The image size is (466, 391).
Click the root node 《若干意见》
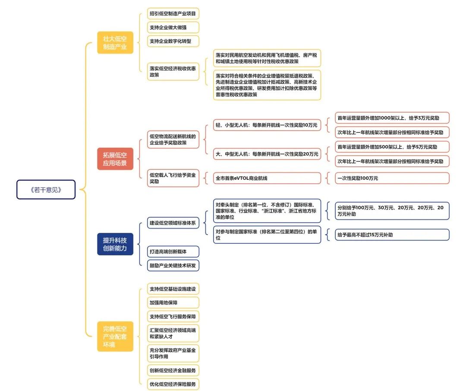click(46, 189)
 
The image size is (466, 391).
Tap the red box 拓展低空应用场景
click(115, 159)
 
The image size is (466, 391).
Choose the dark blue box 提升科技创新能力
click(115, 244)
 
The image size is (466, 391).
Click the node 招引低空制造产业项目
click(173, 14)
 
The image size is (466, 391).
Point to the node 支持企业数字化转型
click(173, 41)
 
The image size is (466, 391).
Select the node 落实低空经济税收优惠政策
click(173, 71)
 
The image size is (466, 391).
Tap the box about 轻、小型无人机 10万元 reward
click(267, 126)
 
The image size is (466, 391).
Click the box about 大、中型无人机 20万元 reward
click(267, 154)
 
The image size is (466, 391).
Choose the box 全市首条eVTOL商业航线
click(267, 178)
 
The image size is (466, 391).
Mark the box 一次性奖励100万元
click(392, 178)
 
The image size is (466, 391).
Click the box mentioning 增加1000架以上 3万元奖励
click(392, 118)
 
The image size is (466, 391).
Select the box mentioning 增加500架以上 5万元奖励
click(392, 146)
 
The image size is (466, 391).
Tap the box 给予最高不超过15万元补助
click(392, 235)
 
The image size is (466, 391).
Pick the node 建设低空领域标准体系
click(173, 223)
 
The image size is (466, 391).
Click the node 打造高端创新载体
click(173, 251)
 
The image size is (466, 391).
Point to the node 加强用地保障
click(173, 302)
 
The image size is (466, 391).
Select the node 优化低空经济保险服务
click(173, 384)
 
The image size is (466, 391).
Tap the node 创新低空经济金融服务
click(173, 370)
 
